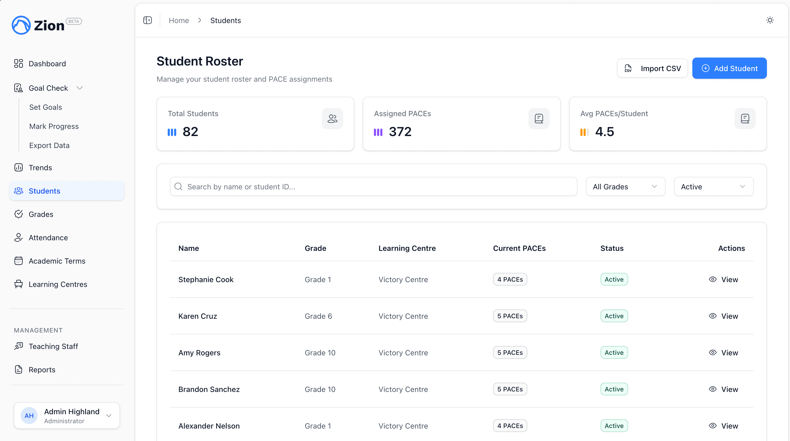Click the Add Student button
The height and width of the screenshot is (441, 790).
click(729, 68)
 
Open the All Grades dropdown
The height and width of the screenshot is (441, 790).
click(625, 187)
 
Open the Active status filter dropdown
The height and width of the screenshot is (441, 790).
click(713, 187)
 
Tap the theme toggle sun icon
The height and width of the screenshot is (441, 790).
click(770, 20)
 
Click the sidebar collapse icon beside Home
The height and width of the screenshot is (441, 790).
click(148, 20)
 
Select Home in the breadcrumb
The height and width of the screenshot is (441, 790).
click(179, 20)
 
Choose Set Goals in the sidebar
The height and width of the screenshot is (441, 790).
click(46, 107)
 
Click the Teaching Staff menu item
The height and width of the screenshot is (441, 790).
click(53, 346)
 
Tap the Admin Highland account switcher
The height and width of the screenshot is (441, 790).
click(67, 416)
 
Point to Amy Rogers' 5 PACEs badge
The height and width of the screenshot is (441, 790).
click(510, 353)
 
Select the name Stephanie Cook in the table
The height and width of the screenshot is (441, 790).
click(206, 280)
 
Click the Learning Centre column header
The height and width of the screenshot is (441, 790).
click(407, 248)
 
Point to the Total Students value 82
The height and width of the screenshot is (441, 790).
click(191, 132)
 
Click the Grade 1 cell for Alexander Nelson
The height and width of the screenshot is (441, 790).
click(318, 426)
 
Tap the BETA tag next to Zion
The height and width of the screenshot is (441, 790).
click(74, 21)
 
